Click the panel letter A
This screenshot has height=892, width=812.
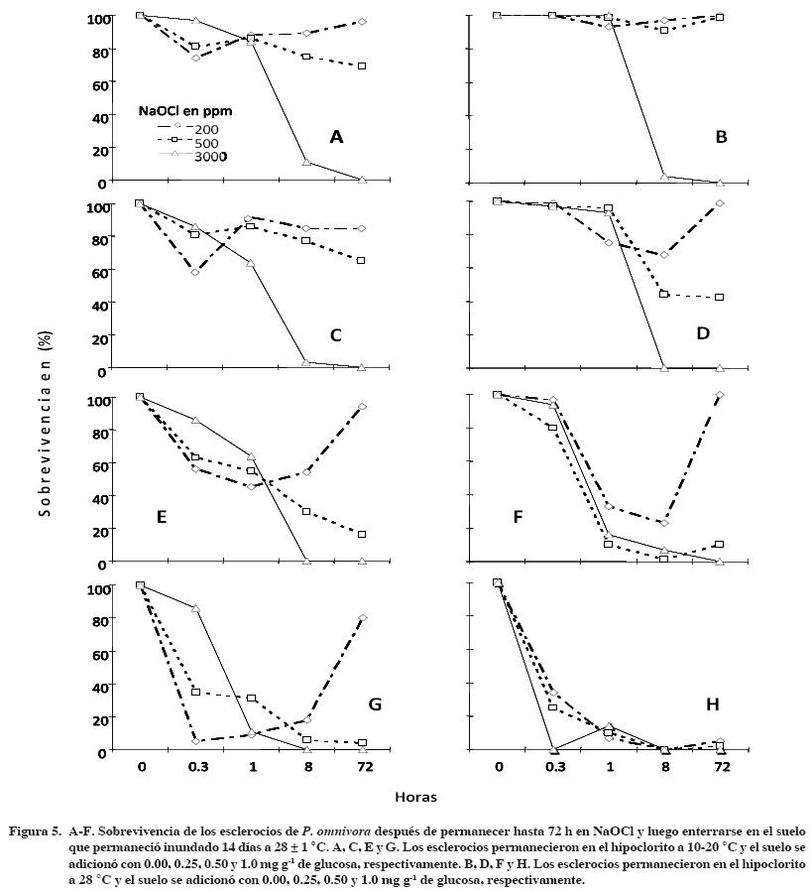tap(336, 137)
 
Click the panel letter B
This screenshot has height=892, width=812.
tap(721, 137)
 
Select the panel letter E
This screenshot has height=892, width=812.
tap(161, 517)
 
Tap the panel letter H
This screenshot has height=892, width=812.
tap(713, 704)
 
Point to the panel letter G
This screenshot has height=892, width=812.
tap(375, 704)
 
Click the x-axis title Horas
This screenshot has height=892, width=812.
tap(416, 797)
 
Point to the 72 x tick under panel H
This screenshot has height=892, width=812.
tap(720, 768)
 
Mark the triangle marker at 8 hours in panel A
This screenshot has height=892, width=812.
tap(306, 162)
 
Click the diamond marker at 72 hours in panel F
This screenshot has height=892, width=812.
tap(720, 395)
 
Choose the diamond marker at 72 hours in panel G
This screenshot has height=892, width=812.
tap(363, 618)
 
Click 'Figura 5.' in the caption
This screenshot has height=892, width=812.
tap(35, 827)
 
